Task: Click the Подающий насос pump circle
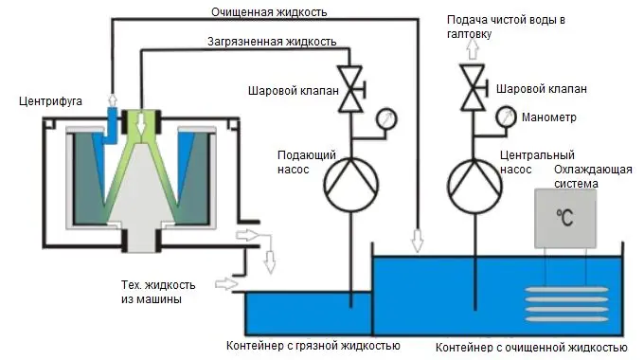tap(350, 180)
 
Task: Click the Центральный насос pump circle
tap(472, 180)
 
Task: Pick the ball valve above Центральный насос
tap(472, 87)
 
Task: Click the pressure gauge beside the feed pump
tap(385, 120)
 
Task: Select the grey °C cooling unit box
tap(565, 219)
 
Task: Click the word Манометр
tap(550, 117)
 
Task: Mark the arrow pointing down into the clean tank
tap(417, 243)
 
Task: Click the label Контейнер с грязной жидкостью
tap(313, 345)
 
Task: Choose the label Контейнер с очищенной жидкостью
tap(528, 345)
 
